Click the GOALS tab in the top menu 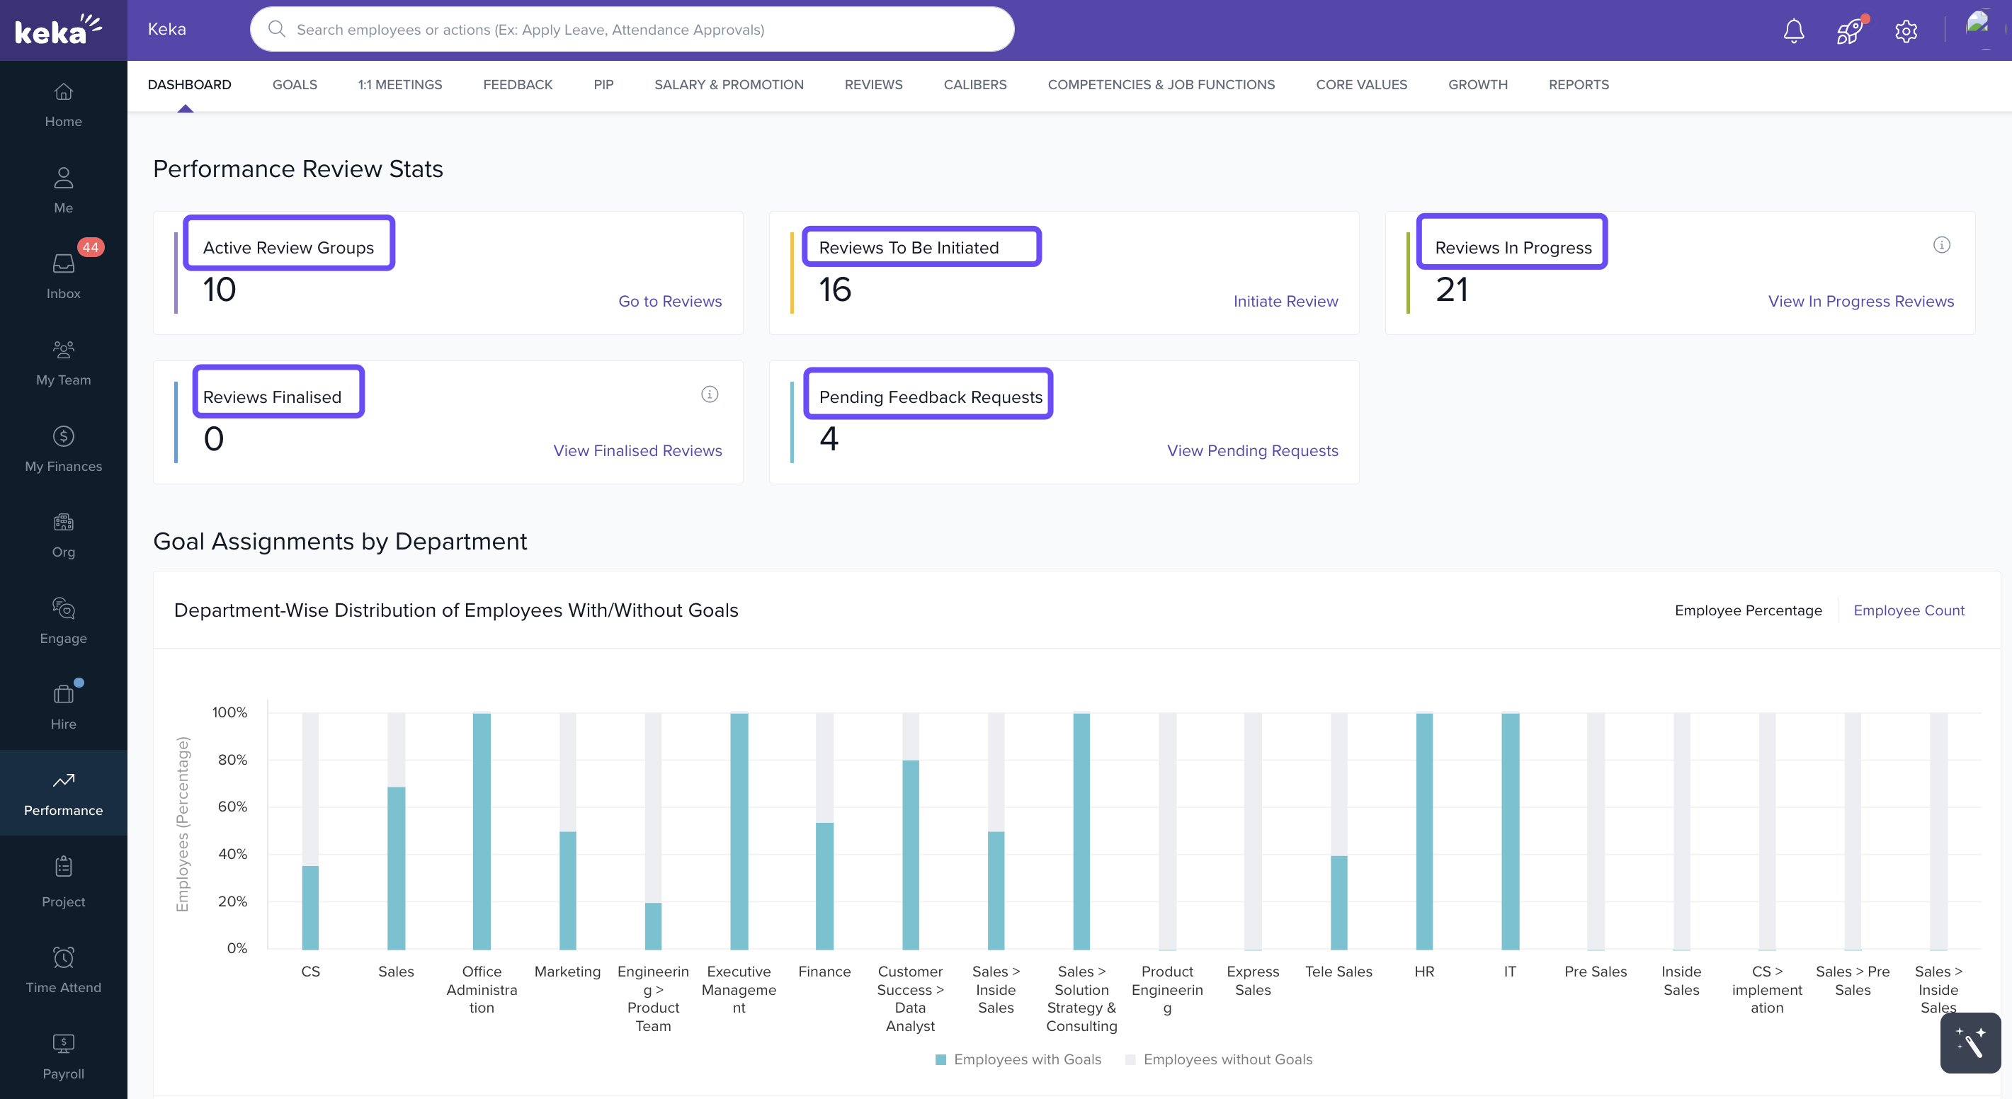tap(295, 84)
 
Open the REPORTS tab tap(1578, 84)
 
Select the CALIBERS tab tap(974, 84)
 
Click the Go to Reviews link tap(669, 302)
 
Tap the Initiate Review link tap(1285, 302)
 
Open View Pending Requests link tap(1252, 450)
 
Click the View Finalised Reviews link tap(637, 450)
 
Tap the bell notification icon tap(1793, 30)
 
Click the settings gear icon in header tap(1906, 31)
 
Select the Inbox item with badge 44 tap(63, 274)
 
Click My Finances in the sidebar tap(63, 448)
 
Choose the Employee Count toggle tap(1908, 610)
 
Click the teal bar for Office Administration tap(482, 831)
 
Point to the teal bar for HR tap(1424, 831)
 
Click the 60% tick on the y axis tap(232, 806)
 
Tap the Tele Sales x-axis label tap(1338, 972)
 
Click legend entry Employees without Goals tap(1227, 1059)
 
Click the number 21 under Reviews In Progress tap(1451, 290)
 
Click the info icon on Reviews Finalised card tap(709, 394)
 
